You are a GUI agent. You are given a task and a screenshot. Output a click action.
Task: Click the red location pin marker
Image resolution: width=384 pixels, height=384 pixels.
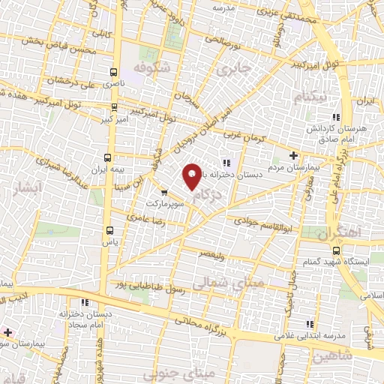click(x=193, y=175)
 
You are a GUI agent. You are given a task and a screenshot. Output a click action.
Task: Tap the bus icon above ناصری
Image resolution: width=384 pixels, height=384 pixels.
click(x=112, y=73)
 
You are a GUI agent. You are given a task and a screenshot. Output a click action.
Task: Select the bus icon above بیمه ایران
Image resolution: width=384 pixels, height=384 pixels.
click(x=108, y=157)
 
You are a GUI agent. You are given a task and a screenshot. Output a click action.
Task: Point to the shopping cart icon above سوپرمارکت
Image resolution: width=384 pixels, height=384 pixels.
click(x=164, y=192)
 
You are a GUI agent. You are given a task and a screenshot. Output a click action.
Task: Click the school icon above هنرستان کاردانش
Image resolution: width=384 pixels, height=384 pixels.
click(x=337, y=117)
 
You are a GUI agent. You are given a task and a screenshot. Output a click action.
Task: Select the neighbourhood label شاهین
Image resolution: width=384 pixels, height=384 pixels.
click(x=331, y=355)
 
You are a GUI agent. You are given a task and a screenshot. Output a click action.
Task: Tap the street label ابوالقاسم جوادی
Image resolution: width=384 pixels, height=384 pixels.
click(x=256, y=222)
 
